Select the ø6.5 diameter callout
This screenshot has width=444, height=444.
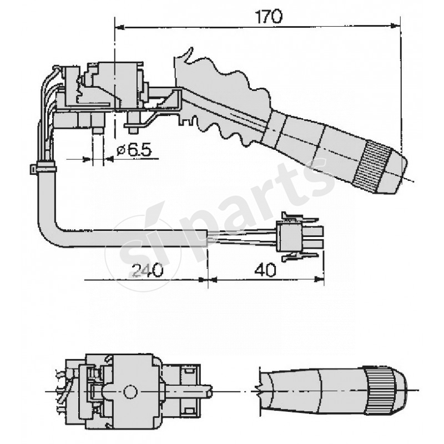point(132,150)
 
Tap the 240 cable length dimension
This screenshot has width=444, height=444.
point(147,270)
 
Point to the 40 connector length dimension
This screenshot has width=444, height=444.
point(264,270)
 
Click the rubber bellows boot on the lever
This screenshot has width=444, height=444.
point(222,100)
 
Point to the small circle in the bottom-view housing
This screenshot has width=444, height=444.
point(130,391)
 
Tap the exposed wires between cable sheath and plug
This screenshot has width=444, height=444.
point(241,236)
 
